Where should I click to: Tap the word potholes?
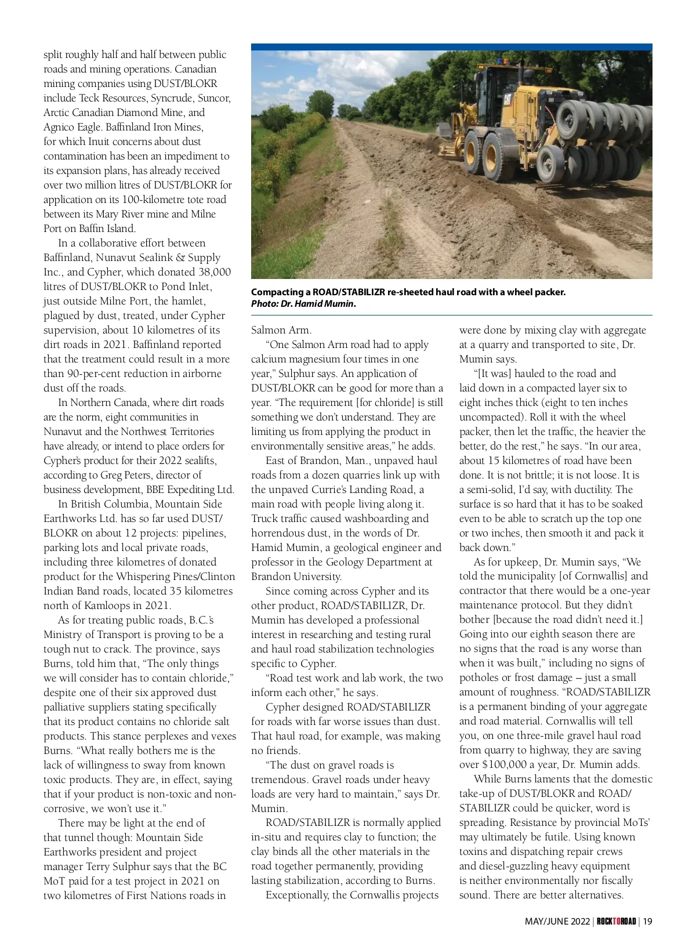click(x=480, y=677)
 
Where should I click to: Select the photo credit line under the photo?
click(x=303, y=304)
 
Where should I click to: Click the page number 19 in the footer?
click(x=648, y=921)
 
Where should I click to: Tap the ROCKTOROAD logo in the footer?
click(x=617, y=921)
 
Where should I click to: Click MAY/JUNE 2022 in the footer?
click(x=557, y=921)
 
